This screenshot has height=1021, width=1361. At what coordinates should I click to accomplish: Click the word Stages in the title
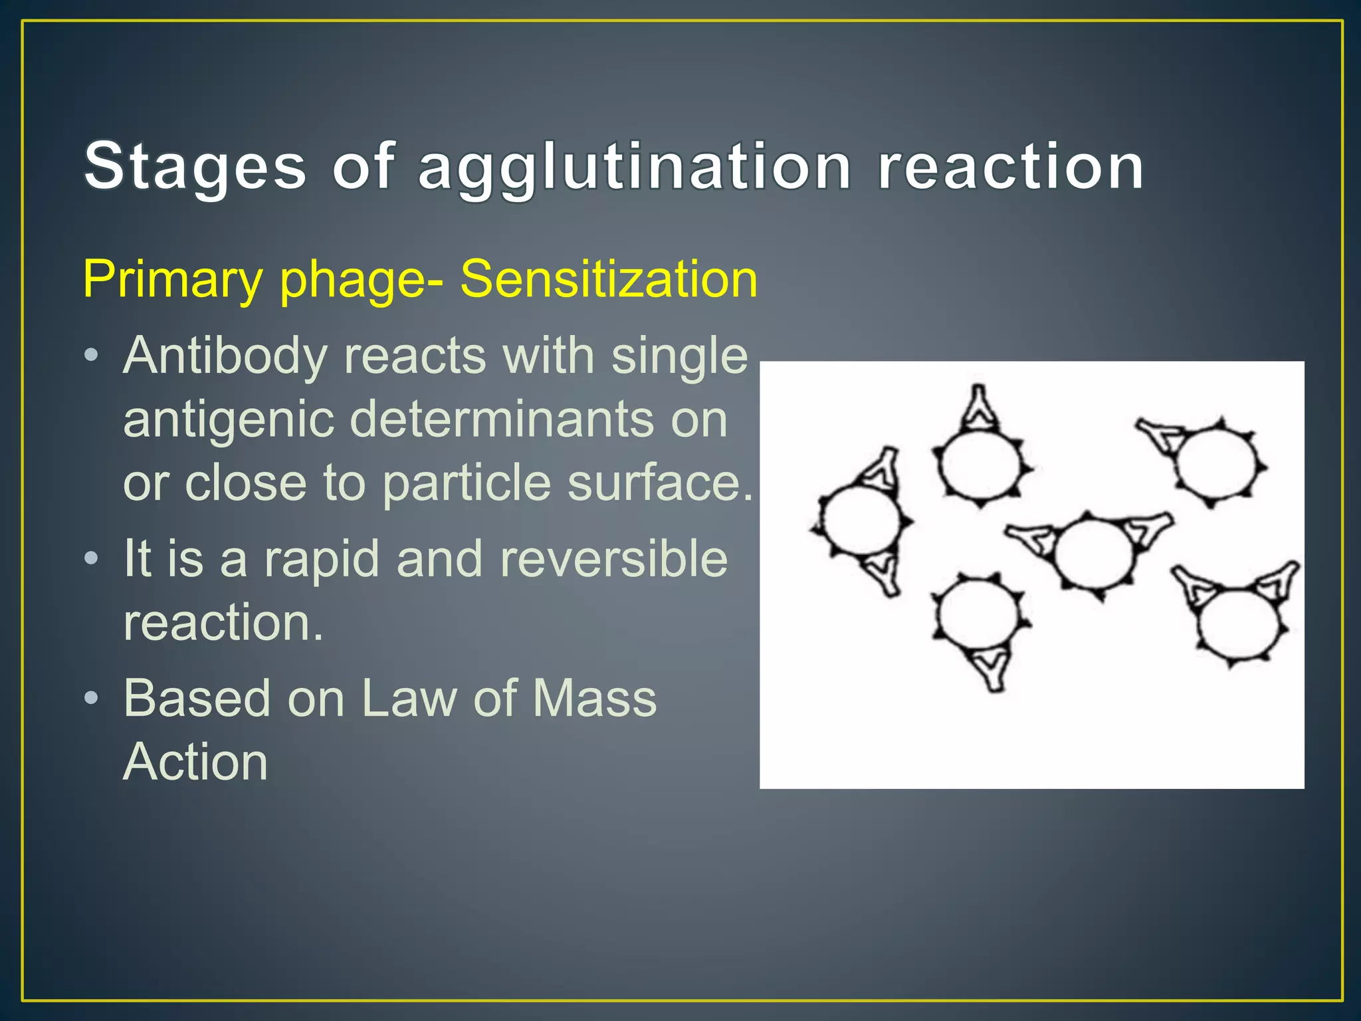pyautogui.click(x=195, y=167)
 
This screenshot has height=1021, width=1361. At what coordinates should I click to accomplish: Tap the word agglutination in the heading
pyautogui.click(x=635, y=168)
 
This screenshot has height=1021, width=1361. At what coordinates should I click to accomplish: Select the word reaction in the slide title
pyautogui.click(x=1011, y=167)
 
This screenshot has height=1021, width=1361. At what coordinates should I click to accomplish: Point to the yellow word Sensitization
pyautogui.click(x=609, y=279)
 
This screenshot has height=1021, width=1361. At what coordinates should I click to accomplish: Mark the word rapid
pyautogui.click(x=322, y=558)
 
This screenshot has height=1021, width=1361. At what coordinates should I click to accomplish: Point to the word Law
pyautogui.click(x=409, y=699)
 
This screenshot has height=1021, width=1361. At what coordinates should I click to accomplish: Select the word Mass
pyautogui.click(x=595, y=699)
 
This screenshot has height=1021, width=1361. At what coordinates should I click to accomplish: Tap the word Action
pyautogui.click(x=195, y=762)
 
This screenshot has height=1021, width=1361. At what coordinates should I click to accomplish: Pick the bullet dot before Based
pyautogui.click(x=92, y=697)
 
